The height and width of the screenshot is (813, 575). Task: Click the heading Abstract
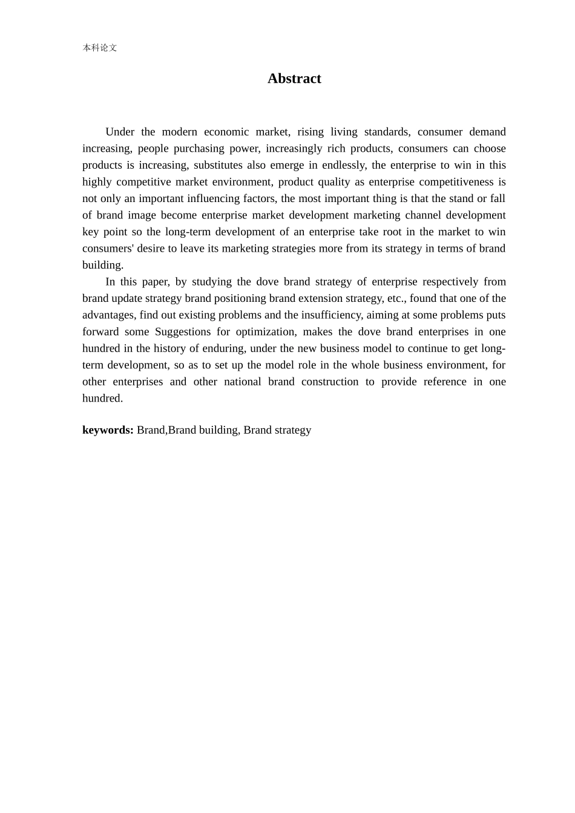294,79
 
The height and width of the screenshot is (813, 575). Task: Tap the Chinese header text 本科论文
100,48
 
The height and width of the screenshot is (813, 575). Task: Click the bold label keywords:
108,430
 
